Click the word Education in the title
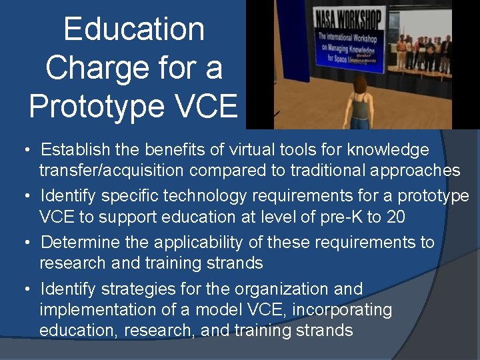coord(134,29)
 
